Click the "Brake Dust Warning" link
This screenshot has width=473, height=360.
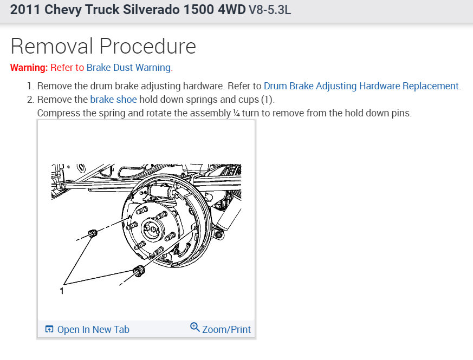pos(128,68)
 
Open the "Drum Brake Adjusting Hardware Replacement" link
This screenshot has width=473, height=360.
pos(361,86)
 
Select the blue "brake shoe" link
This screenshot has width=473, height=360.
pos(113,100)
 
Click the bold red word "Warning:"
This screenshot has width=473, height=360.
pos(29,68)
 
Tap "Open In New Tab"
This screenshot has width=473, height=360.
pos(93,330)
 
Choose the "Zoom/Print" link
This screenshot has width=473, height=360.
pos(226,330)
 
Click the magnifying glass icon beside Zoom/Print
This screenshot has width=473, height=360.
pos(195,327)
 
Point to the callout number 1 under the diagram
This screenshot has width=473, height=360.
pos(62,291)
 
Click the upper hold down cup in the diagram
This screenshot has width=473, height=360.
pos(93,233)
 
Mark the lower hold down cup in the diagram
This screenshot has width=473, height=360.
pos(139,271)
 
